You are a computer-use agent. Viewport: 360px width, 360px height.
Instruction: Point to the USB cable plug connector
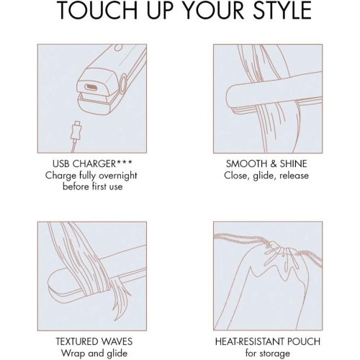point(76,131)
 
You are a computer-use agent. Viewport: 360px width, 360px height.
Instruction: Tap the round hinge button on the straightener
point(124,84)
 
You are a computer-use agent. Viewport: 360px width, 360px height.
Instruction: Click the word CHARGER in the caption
point(94,164)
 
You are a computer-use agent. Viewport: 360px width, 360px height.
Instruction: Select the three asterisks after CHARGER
point(125,163)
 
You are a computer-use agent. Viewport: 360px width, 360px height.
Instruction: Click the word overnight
point(118,176)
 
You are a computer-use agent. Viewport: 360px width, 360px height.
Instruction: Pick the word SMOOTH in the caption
point(246,164)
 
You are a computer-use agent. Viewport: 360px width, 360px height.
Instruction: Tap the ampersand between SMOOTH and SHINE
point(274,164)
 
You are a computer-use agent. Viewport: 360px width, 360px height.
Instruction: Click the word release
point(294,176)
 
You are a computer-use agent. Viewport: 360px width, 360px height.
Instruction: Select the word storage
point(274,354)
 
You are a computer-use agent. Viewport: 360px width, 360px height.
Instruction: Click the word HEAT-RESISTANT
point(251,341)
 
